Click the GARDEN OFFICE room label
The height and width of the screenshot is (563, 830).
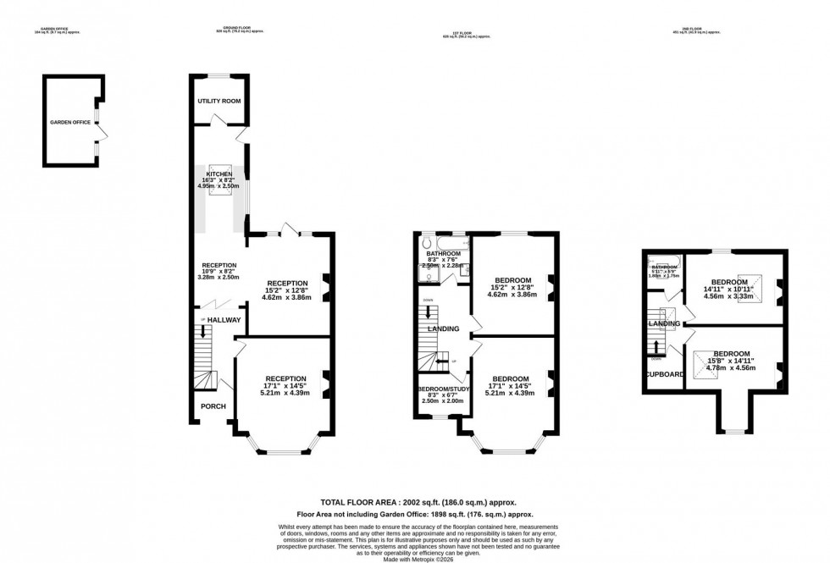pyautogui.click(x=69, y=122)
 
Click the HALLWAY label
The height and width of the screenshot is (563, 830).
pyautogui.click(x=224, y=320)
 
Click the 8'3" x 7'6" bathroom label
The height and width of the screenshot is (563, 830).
pyautogui.click(x=443, y=260)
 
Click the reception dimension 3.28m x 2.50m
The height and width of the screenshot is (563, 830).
pyautogui.click(x=219, y=277)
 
